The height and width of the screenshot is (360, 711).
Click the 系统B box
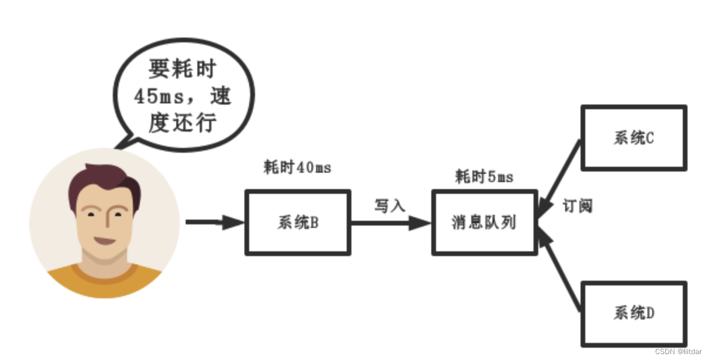click(297, 223)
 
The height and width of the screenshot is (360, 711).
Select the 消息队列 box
click(484, 223)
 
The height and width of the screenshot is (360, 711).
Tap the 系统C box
click(633, 139)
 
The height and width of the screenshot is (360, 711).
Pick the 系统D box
click(633, 314)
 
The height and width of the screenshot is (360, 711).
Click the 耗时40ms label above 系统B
click(297, 168)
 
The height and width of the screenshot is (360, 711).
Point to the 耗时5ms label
click(484, 177)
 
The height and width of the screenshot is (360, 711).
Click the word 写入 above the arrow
click(390, 206)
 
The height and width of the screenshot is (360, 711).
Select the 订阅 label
click(577, 206)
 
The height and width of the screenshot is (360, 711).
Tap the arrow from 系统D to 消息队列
click(559, 270)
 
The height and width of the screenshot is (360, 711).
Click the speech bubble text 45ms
click(156, 96)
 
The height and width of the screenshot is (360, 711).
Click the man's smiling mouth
click(106, 241)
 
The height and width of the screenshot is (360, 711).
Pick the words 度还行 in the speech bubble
click(183, 123)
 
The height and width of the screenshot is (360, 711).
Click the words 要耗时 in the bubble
click(183, 70)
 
